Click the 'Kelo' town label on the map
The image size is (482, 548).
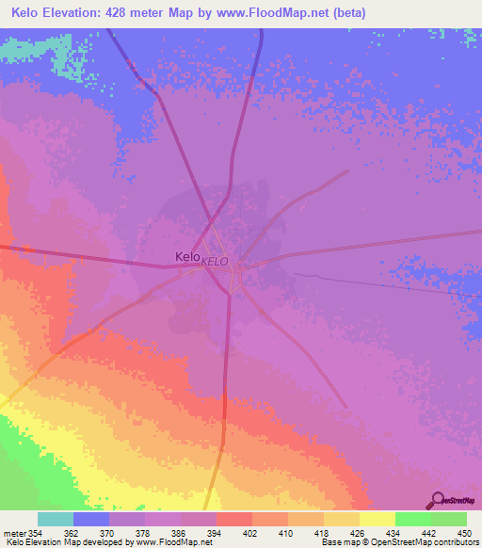[x=187, y=256]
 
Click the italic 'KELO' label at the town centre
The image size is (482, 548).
[x=215, y=261]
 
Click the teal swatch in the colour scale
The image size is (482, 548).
[x=56, y=519]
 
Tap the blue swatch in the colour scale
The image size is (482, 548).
[x=91, y=519]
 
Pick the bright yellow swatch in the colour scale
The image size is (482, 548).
[x=377, y=519]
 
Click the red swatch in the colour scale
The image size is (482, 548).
[x=233, y=519]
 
